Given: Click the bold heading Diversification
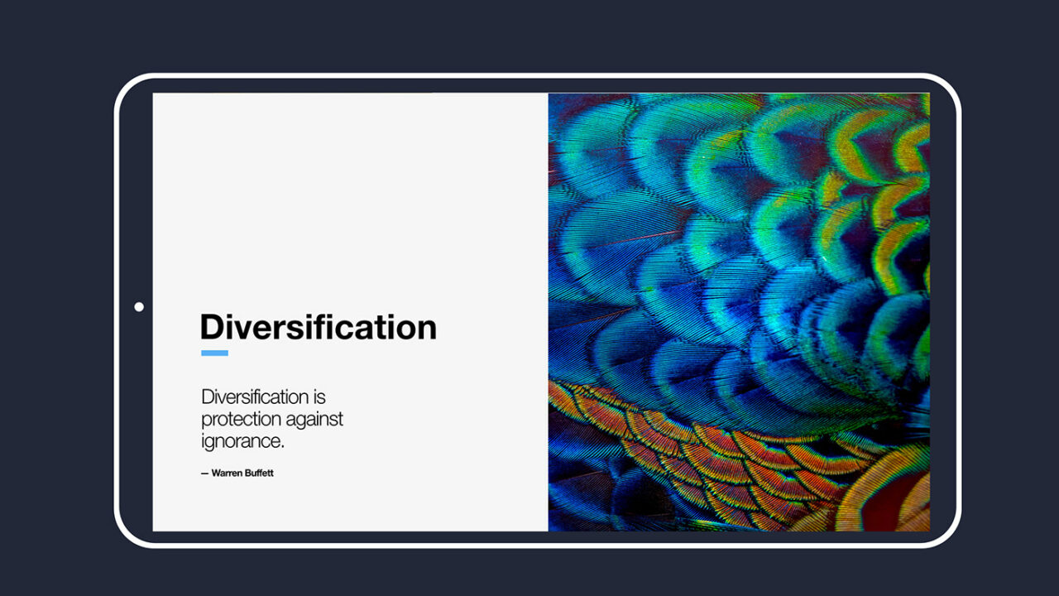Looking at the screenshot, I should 318,328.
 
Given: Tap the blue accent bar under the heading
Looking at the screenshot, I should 214,353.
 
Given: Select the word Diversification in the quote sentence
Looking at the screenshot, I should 255,397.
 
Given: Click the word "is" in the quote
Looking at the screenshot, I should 319,397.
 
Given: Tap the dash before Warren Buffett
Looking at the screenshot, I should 204,473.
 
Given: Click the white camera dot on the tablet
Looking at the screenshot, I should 139,307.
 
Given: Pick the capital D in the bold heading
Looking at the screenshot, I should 213,328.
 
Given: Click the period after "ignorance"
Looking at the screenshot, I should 282,447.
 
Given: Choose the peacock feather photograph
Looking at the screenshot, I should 739,312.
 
